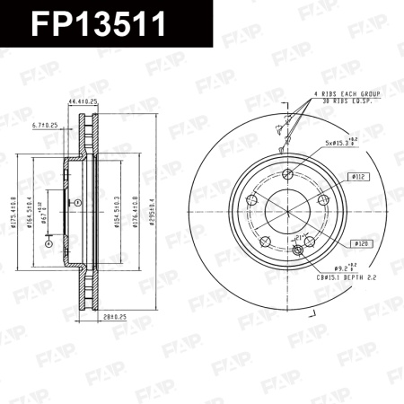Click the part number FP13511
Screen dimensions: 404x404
99,24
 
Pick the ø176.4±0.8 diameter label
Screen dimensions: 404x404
135,211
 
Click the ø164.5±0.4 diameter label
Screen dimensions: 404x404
30,211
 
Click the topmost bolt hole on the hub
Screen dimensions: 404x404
286,174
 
